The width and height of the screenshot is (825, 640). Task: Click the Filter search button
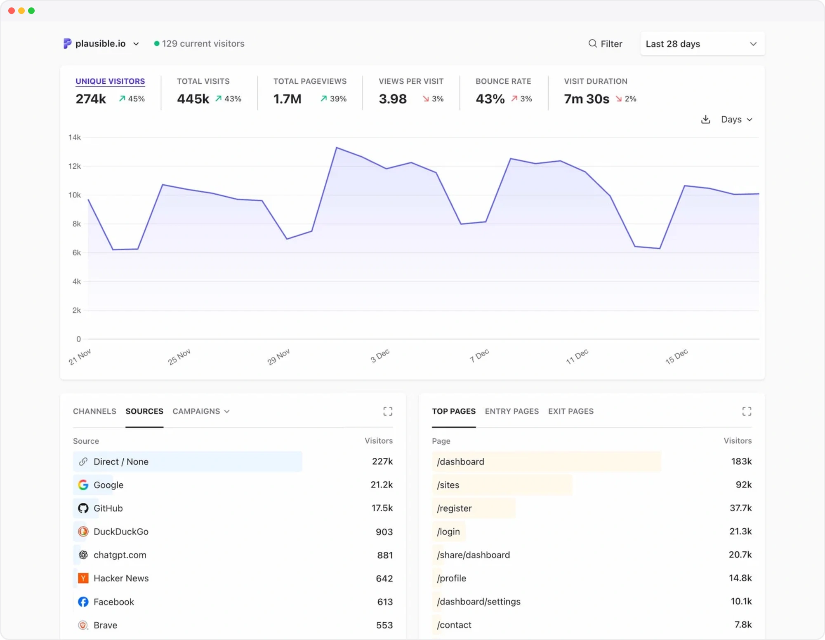point(605,44)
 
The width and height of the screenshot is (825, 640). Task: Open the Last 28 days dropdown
point(702,44)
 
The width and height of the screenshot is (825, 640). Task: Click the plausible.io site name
point(100,44)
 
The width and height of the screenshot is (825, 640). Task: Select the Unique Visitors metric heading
point(110,81)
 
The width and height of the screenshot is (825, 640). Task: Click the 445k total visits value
point(193,99)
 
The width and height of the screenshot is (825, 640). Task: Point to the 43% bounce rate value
point(490,99)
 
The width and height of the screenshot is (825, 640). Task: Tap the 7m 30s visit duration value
point(587,99)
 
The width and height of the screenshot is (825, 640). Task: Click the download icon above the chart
point(706,120)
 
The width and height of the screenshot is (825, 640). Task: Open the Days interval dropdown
point(737,120)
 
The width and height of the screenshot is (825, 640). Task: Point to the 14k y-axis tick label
point(75,137)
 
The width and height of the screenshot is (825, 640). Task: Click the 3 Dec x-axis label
point(380,355)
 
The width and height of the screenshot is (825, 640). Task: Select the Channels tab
point(94,411)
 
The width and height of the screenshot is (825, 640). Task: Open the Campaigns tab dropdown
point(201,411)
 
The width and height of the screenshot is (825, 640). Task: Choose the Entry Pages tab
point(512,411)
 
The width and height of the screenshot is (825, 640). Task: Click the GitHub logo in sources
point(83,508)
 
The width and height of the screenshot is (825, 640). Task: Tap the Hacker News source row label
point(121,578)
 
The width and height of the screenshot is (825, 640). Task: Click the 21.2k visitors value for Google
point(382,485)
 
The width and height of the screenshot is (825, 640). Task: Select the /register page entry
point(454,508)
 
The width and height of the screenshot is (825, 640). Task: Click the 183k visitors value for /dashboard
point(741,461)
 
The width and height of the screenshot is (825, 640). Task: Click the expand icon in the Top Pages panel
point(747,411)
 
